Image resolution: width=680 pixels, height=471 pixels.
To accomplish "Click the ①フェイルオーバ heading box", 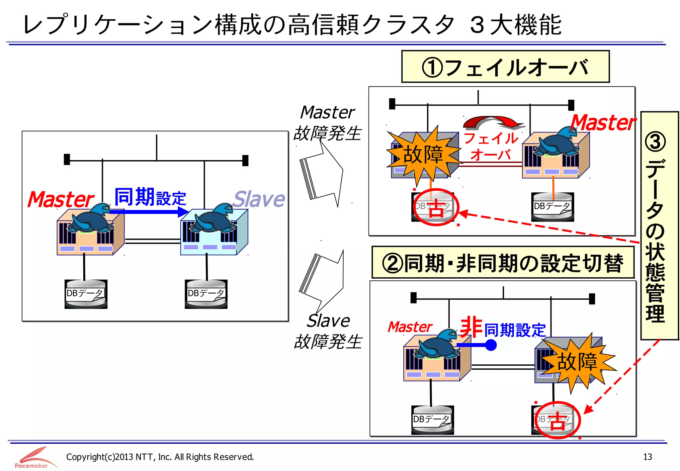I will [x=505, y=67].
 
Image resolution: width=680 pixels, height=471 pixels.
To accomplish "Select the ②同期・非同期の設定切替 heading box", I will [x=503, y=263].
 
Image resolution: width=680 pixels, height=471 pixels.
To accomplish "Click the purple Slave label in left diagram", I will [x=259, y=199].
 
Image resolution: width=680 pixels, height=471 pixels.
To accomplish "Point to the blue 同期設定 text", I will [x=150, y=197].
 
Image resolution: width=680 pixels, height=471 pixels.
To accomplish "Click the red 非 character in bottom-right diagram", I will [x=471, y=327].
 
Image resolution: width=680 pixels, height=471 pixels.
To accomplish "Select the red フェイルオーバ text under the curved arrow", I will [x=491, y=146].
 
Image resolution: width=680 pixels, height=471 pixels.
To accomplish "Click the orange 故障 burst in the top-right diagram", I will [x=423, y=154].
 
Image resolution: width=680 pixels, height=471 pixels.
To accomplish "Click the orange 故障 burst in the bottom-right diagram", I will [x=577, y=362].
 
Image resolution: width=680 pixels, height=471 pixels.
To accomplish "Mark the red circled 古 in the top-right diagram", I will [x=436, y=208].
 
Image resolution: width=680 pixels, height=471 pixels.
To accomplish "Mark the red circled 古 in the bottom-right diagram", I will [x=557, y=421].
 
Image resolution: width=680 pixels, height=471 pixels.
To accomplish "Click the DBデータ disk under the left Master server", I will [x=86, y=294].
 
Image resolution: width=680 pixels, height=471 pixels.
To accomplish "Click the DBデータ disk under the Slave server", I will [x=206, y=294].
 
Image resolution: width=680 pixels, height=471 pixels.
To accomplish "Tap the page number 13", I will [x=647, y=457].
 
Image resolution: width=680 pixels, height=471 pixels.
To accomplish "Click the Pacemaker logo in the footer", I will [x=33, y=458].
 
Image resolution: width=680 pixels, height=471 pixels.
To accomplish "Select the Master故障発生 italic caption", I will [x=327, y=123].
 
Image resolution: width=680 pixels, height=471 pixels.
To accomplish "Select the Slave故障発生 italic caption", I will [x=328, y=331].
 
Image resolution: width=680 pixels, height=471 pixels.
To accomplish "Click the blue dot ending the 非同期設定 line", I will [x=490, y=345].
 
